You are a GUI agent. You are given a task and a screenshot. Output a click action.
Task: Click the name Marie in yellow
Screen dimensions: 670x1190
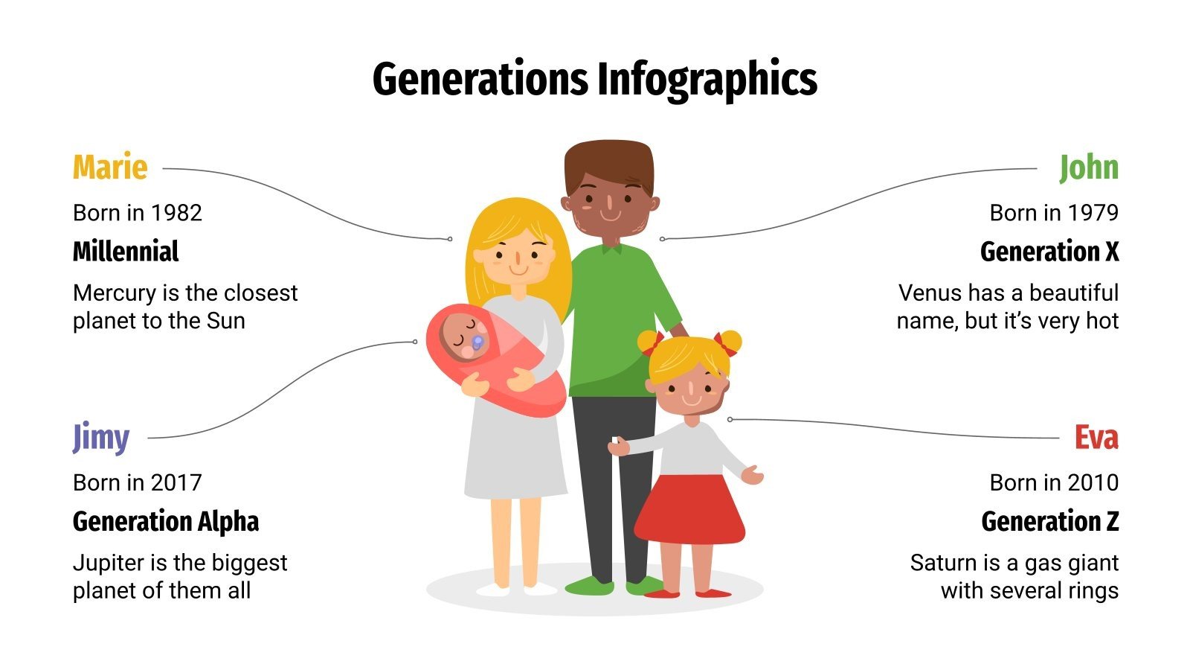(110, 167)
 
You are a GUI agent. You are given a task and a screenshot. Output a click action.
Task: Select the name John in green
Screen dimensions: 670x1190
(1088, 167)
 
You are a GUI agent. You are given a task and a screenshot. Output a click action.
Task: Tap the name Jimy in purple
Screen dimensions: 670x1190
(101, 437)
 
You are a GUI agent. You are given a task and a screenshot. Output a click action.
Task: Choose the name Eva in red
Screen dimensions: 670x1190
(1096, 437)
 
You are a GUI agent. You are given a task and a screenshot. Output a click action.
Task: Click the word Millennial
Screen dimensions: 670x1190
(126, 252)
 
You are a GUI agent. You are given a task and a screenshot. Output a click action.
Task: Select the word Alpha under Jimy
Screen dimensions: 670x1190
(227, 522)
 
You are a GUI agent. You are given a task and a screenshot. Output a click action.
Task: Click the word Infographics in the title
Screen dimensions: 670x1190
(707, 79)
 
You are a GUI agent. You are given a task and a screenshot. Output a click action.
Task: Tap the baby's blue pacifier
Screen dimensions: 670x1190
(477, 342)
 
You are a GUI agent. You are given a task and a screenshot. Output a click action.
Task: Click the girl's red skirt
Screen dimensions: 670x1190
(689, 509)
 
